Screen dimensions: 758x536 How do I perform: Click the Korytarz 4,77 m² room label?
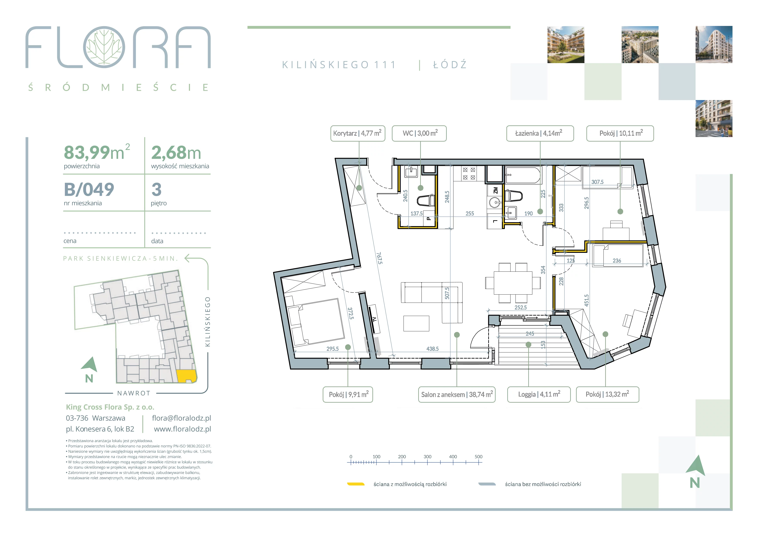357,133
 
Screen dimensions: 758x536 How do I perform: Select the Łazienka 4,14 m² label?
540,133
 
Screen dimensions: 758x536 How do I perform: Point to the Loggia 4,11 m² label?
539,394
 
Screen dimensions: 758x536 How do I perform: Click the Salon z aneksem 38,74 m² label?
457,394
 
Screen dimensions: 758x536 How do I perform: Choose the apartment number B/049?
89,190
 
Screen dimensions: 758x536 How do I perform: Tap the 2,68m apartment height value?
176,153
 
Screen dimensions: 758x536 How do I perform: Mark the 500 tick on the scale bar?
478,462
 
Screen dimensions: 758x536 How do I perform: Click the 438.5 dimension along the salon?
432,349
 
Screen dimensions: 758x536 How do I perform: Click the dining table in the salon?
513,283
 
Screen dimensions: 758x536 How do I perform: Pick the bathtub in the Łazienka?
523,175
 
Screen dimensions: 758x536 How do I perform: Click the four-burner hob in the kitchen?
469,174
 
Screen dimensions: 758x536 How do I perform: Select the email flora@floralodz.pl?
182,418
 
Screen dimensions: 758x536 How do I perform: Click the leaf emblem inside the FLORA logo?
104,47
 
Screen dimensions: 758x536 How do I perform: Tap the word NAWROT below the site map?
134,393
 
